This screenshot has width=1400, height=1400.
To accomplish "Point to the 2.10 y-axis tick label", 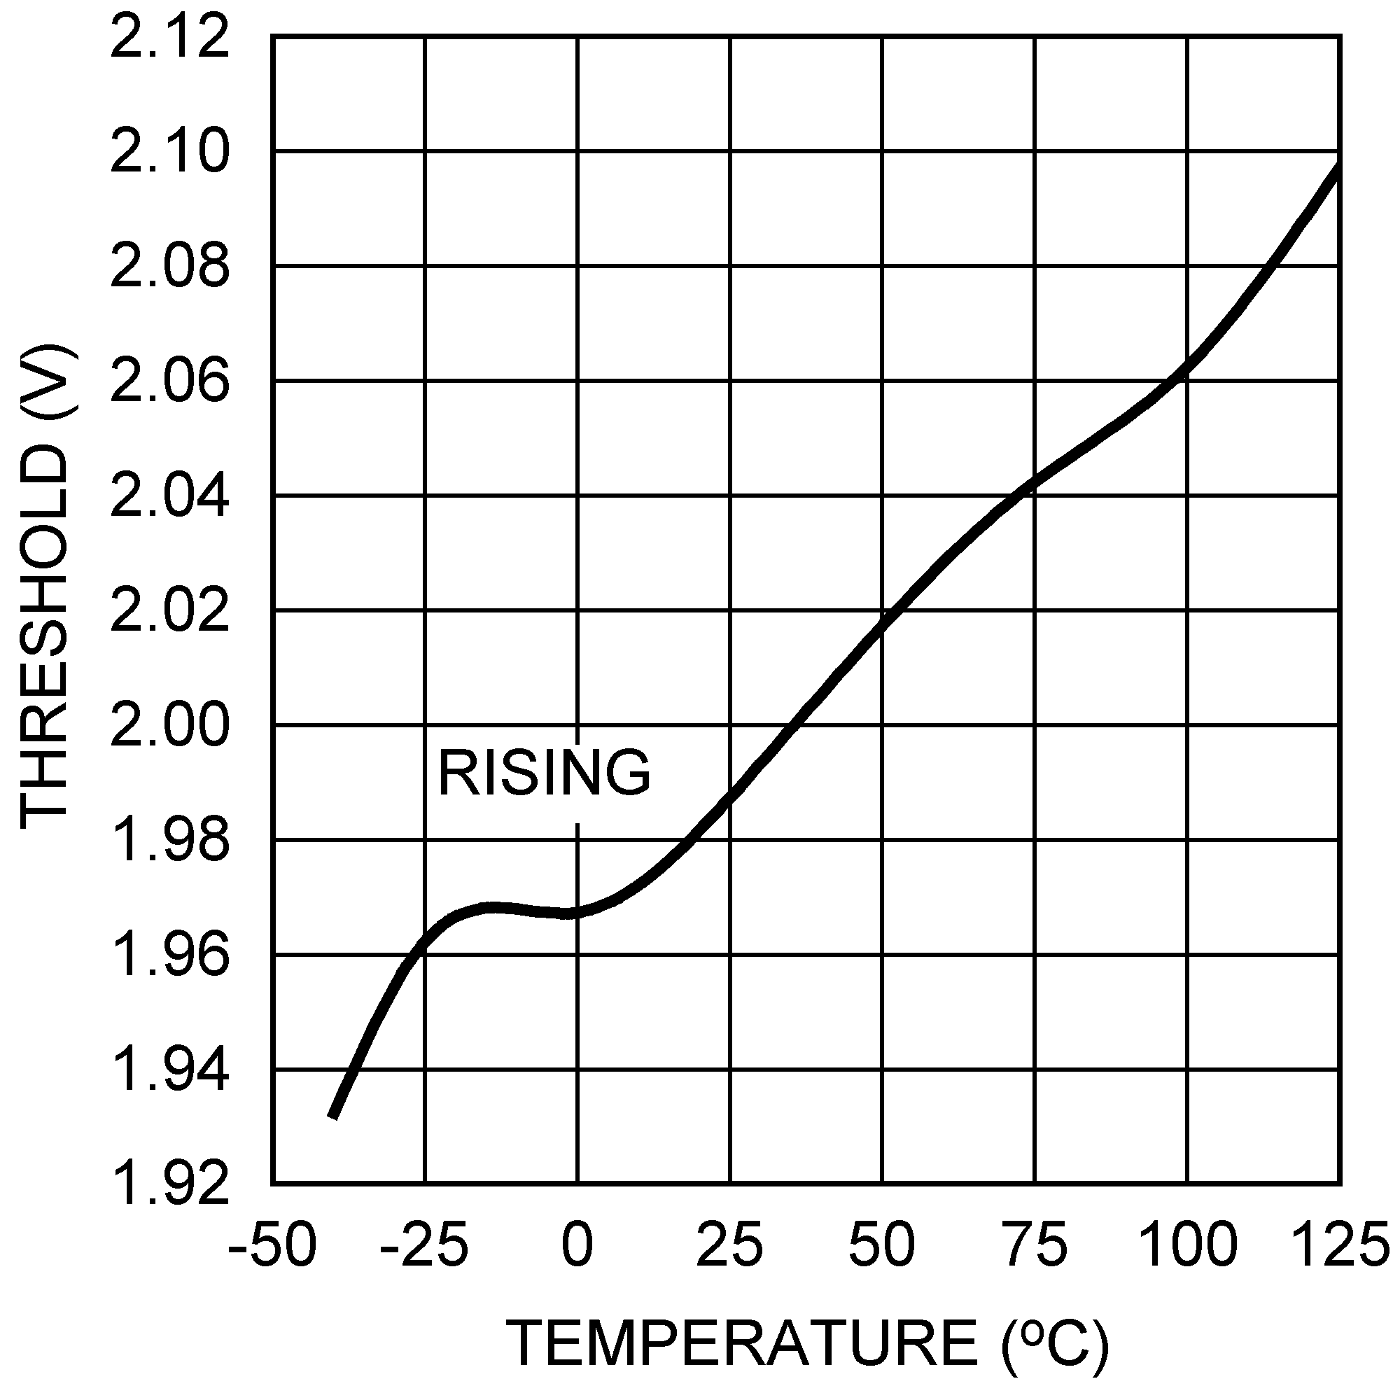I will (x=169, y=153).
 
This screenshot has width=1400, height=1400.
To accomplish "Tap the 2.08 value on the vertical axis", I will (x=169, y=267).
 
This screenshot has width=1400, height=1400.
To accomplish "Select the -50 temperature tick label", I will (x=272, y=1245).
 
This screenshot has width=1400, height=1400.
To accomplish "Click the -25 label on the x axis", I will (x=424, y=1245).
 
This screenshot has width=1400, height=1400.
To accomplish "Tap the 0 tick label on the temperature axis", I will (x=577, y=1245).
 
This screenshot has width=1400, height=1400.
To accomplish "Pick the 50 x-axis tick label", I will (x=882, y=1245).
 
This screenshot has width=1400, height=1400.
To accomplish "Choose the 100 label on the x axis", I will (x=1187, y=1245).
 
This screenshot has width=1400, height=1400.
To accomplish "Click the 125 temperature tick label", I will (x=1340, y=1245).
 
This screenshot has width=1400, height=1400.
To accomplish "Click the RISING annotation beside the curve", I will (x=544, y=774).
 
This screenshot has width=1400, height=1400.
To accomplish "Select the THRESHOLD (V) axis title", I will (x=47, y=587).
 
